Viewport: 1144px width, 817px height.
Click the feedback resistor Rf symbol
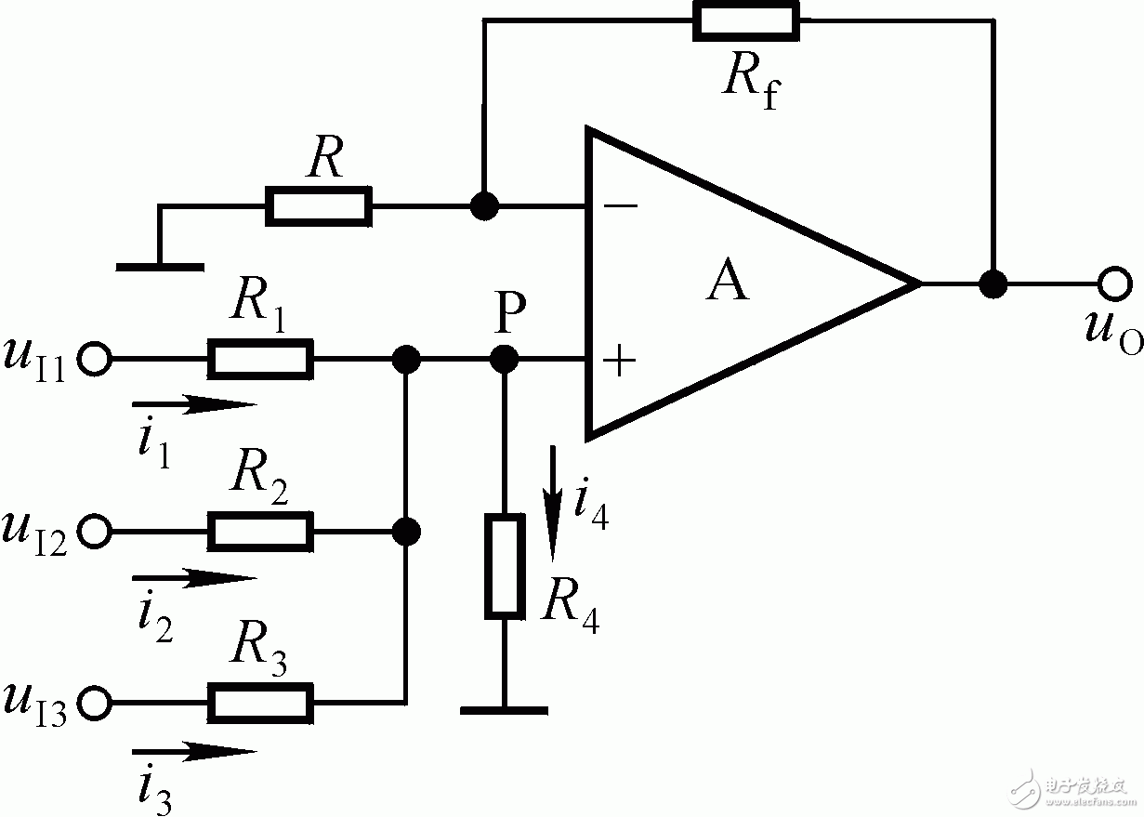click(x=744, y=20)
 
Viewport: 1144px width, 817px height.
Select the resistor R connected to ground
click(x=319, y=205)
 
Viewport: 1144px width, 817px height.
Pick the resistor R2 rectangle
click(x=259, y=532)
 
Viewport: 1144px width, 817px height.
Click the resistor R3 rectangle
click(x=259, y=703)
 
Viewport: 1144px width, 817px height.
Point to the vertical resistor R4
click(x=505, y=565)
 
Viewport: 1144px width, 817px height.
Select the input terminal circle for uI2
click(x=95, y=532)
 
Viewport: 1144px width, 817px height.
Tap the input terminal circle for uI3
click(x=95, y=703)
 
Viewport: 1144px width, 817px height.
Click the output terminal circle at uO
click(x=1113, y=283)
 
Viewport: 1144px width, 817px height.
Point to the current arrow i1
click(x=193, y=404)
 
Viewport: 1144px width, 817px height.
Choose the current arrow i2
click(x=193, y=578)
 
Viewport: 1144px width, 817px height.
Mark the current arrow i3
click(x=193, y=751)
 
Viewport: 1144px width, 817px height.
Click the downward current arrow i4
click(x=554, y=502)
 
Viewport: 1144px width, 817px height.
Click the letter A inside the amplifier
click(x=728, y=282)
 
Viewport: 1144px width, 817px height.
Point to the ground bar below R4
click(x=504, y=710)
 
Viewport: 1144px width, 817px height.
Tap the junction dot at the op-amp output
click(x=993, y=283)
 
